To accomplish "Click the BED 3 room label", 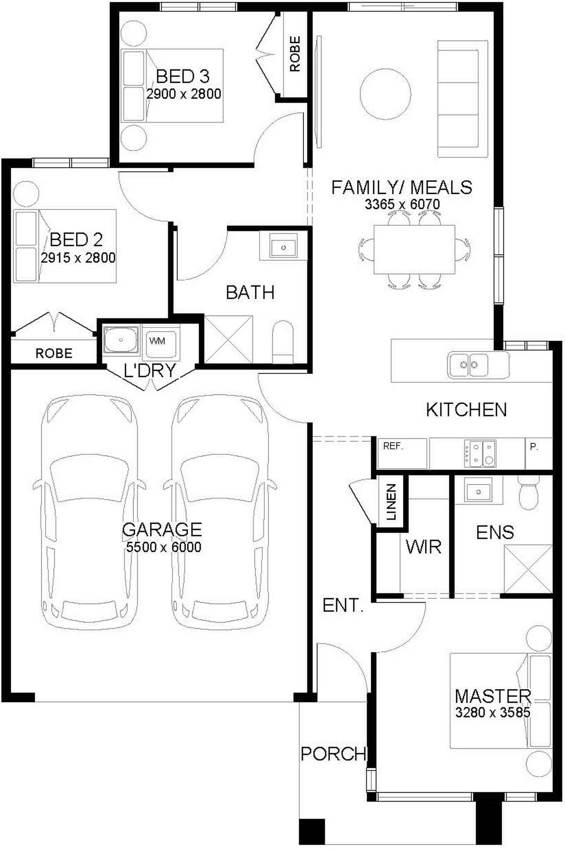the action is point(183,76).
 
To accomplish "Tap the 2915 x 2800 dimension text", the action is point(78,258).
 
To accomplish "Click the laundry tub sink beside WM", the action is point(121,339).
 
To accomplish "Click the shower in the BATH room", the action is point(229,339).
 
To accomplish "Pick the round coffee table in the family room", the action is point(385,94).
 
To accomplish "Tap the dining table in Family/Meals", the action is point(414,250).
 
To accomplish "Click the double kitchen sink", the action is point(468,365).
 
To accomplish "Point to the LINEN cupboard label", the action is point(391,502).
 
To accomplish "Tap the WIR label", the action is point(423,547).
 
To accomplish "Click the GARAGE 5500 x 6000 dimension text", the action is point(164,547).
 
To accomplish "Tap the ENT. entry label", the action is point(343,605).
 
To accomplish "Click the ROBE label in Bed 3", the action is point(295,54).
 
